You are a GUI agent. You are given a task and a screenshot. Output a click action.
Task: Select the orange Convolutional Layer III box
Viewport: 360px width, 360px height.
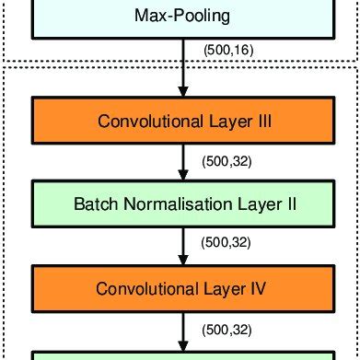[181, 120]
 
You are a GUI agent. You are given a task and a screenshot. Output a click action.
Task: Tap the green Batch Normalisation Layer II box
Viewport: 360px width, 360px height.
[181, 203]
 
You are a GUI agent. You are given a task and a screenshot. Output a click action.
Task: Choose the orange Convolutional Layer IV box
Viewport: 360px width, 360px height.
[181, 287]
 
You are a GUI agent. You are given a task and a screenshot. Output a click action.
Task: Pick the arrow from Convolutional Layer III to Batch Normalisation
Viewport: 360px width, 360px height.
[182, 162]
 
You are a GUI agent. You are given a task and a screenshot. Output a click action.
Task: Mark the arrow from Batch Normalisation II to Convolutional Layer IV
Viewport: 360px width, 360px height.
[182, 246]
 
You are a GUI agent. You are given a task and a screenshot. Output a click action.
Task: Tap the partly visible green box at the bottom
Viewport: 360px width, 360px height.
[181, 355]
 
